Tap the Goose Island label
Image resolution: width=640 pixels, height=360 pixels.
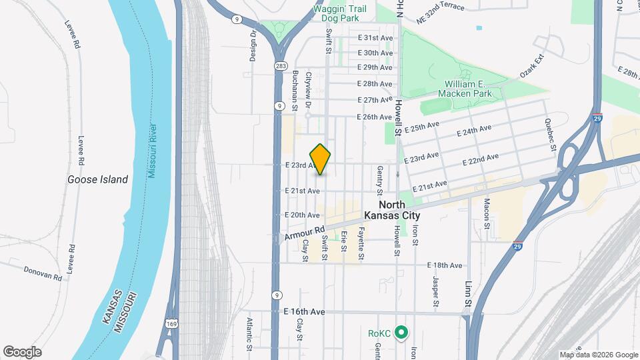coord(97,179)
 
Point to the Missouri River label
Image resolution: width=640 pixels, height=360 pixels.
coord(152,151)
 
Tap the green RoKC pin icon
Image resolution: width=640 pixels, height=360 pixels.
coord(401,332)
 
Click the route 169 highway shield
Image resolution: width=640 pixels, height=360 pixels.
coord(171,322)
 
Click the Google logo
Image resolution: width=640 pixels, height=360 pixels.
coord(22,352)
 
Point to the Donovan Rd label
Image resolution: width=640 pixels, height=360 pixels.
coord(43,272)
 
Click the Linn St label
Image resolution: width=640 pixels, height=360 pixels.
coord(468,293)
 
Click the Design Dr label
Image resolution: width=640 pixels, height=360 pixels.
coord(254,47)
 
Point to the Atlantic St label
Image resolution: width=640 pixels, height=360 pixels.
coord(249,333)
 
